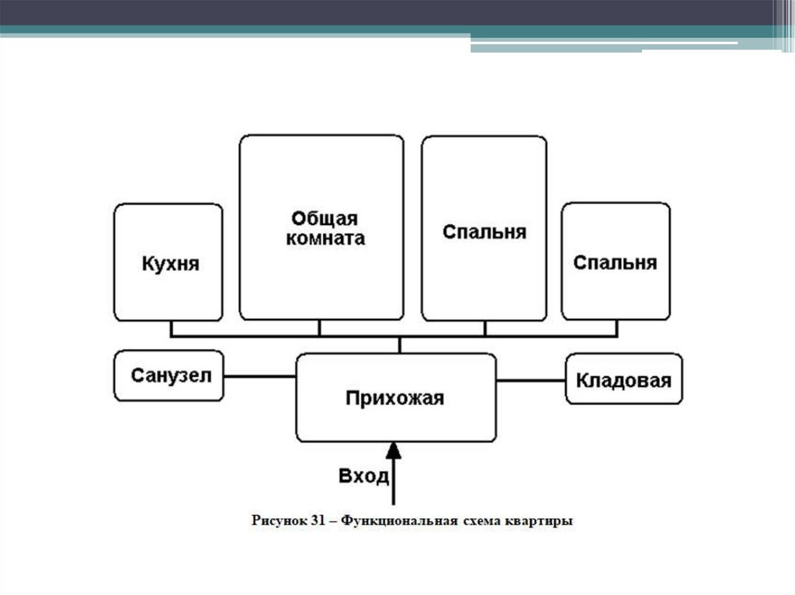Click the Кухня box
(x=168, y=262)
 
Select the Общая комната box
(x=321, y=227)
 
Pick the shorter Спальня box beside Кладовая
(x=615, y=261)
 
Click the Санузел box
(x=168, y=375)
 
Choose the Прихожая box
(x=396, y=398)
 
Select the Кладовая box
(x=623, y=379)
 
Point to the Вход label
(x=363, y=476)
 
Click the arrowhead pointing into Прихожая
(x=394, y=451)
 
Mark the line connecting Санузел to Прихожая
(x=259, y=377)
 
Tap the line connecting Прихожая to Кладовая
(x=530, y=380)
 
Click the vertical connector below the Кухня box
(x=172, y=329)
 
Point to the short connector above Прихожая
(x=399, y=345)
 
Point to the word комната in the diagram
(x=325, y=238)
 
